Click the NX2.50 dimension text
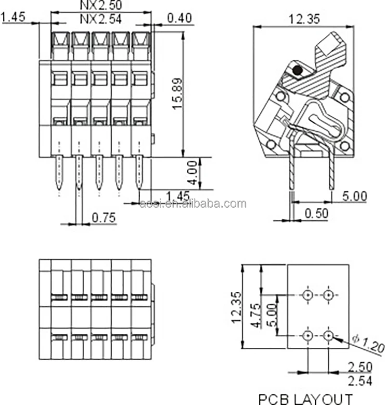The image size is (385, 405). coord(101,5)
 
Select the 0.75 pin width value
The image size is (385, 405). coord(103,218)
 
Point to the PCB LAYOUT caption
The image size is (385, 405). coord(305,398)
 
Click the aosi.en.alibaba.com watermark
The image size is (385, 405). coord(193,204)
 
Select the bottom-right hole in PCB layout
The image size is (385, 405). coord(329,335)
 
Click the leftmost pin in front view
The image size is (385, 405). coord(59,173)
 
